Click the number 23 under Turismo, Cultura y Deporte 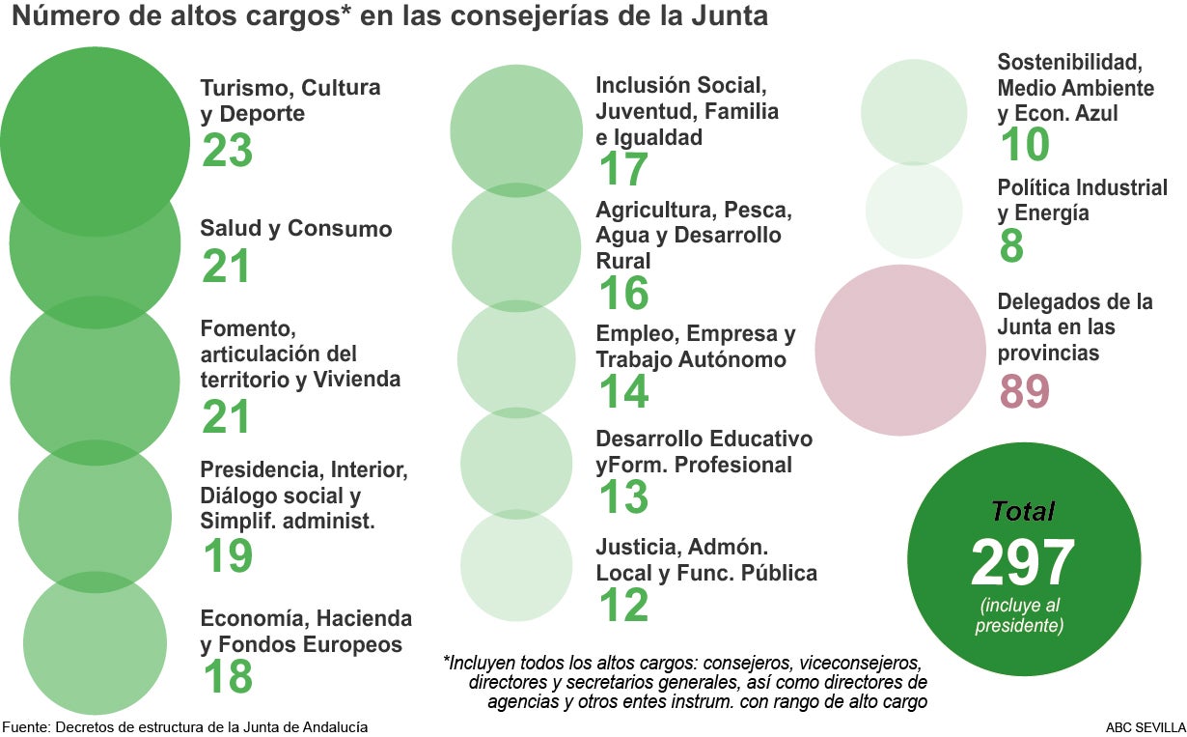point(227,152)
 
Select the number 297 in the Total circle point(1022,563)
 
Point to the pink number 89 point(1023,392)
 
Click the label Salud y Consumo point(296,230)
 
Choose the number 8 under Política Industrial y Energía point(1011,246)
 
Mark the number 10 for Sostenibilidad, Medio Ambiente point(1023,145)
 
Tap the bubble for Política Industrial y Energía point(913,210)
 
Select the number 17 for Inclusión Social point(622,169)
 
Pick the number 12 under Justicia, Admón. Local point(622,605)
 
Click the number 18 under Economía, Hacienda point(227,676)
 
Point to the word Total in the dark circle point(1023,512)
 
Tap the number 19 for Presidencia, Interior point(227,556)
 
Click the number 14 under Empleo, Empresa point(622,392)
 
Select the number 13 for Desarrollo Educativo point(622,497)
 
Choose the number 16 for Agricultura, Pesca point(622,294)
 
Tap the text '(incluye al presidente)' point(1023,616)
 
